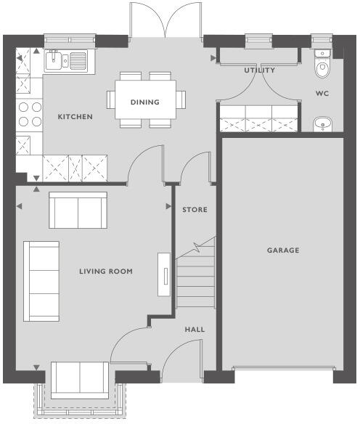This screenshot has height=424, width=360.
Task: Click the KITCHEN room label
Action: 75,116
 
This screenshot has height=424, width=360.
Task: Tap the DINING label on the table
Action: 144,102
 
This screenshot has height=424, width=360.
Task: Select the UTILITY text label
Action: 259,70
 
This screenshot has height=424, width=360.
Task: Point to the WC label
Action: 322,94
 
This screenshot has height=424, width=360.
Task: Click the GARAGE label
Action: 282,250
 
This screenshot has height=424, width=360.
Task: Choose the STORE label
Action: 195,210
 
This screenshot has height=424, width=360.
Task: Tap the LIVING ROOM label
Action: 105,272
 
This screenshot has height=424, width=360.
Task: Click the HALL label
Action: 195,330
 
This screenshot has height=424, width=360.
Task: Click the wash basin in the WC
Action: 322,126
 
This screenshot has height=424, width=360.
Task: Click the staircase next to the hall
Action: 196,276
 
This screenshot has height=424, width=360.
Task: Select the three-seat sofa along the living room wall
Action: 42,281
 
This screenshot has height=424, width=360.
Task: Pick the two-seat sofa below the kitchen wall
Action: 78,210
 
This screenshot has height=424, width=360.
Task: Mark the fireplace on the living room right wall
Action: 165,274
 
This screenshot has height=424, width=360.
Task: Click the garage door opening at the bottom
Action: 282,370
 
